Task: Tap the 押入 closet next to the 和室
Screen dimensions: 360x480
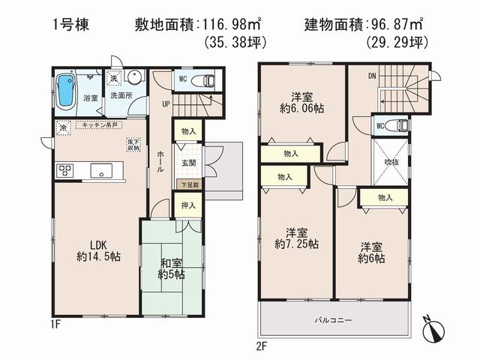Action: click(189, 205)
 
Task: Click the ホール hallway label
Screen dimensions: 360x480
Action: click(160, 160)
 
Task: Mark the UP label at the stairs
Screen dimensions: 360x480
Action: click(165, 104)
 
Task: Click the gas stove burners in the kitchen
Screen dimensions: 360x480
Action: click(62, 171)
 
